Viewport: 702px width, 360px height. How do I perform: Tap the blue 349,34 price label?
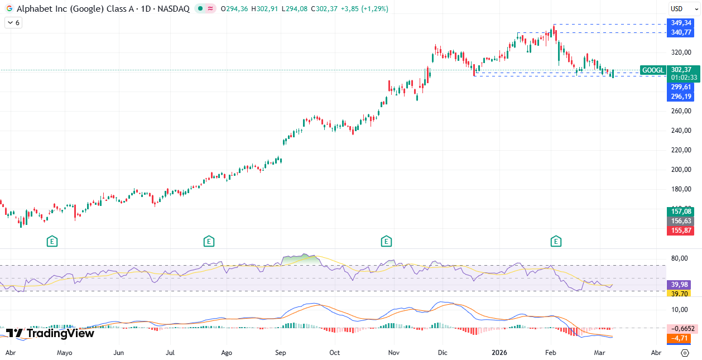click(681, 23)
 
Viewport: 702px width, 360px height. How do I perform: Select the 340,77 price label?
click(681, 33)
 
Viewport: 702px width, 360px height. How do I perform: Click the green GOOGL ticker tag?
click(653, 70)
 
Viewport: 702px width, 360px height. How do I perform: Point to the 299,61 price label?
click(681, 87)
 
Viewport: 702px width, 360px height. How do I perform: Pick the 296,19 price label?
click(681, 97)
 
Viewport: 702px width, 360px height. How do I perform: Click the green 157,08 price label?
click(681, 212)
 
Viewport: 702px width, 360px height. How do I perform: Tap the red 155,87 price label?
click(681, 231)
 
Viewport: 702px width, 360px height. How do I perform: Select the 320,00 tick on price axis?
click(681, 52)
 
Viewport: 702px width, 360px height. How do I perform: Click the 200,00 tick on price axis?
click(681, 170)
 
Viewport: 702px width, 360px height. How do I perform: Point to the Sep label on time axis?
click(280, 353)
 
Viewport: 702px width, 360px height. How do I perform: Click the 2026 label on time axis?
click(499, 353)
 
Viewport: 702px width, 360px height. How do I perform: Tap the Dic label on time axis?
click(443, 353)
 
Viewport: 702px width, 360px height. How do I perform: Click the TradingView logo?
click(50, 333)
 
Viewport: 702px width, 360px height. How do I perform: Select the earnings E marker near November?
click(386, 241)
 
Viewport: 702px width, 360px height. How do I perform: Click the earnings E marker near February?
click(556, 241)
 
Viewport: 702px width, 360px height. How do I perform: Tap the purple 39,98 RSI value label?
click(681, 285)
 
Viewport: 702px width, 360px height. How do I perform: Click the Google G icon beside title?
click(9, 9)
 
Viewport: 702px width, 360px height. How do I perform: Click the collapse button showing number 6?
click(13, 23)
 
